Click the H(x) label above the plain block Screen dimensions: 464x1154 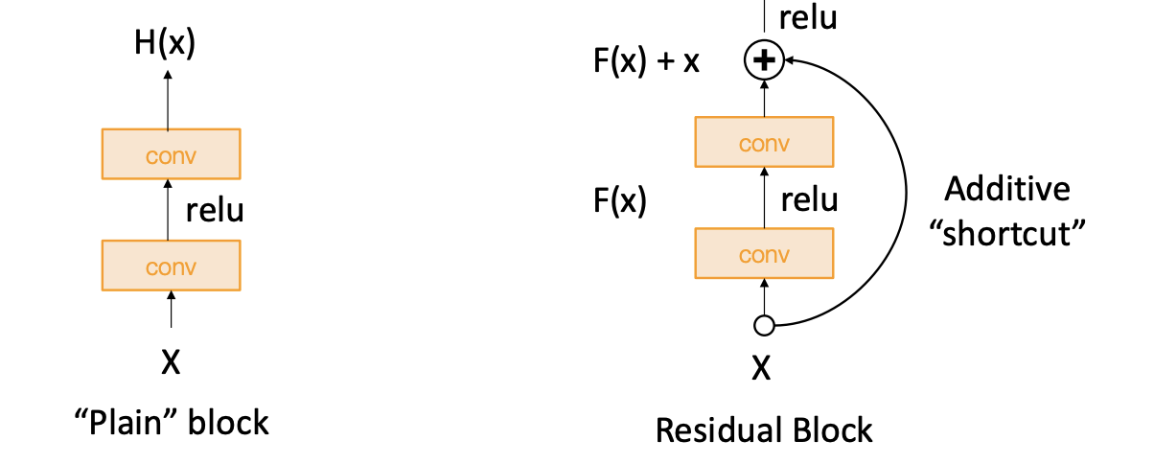click(167, 44)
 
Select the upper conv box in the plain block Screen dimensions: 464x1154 click(171, 154)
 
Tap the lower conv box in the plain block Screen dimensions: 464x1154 click(171, 266)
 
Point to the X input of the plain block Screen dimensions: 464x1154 click(170, 362)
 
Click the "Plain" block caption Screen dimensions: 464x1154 click(171, 422)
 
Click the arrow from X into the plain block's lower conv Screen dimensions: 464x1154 click(171, 311)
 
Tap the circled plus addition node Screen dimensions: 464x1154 click(764, 61)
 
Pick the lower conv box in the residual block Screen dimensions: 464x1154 click(764, 254)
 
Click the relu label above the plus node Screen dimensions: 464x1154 click(808, 16)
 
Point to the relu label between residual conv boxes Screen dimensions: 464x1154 click(809, 200)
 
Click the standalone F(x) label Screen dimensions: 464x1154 click(620, 200)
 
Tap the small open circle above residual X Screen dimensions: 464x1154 click(764, 326)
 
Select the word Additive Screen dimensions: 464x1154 click(1006, 189)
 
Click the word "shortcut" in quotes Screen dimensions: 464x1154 click(1006, 233)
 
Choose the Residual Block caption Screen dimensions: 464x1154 click(764, 430)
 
